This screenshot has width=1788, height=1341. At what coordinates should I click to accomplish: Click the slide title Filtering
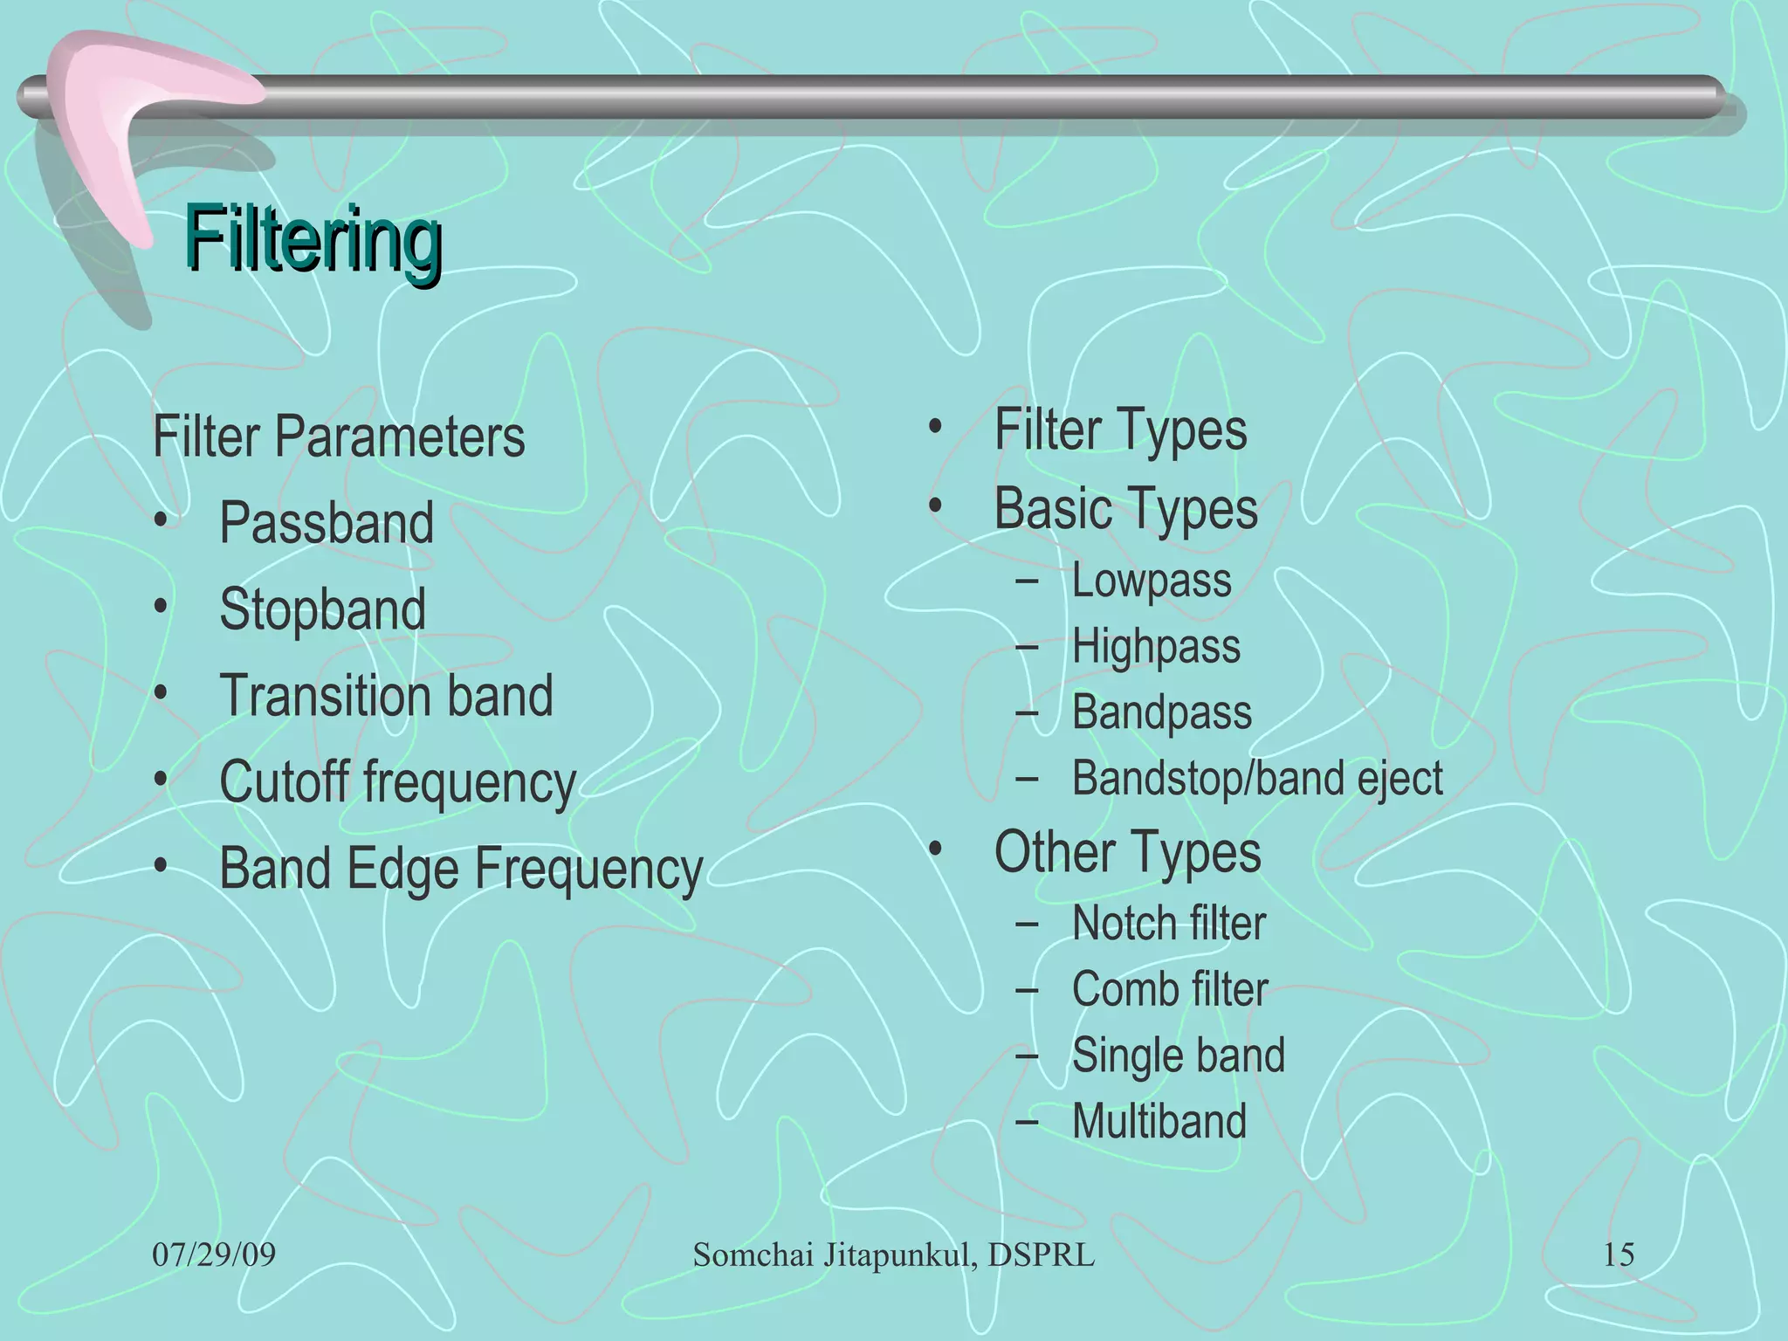(x=313, y=240)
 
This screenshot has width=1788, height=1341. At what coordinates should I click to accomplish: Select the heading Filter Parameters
(x=339, y=437)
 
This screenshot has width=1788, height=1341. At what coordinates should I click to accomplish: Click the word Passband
(x=327, y=523)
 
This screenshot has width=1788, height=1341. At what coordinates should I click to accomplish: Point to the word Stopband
(x=322, y=609)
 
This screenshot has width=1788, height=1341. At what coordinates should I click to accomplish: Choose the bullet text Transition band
(x=386, y=695)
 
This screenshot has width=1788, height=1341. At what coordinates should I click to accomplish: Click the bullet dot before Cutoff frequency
(x=160, y=780)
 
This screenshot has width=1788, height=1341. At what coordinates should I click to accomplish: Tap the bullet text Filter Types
(x=1120, y=430)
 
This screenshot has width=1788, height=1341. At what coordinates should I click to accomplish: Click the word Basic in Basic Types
(x=1050, y=509)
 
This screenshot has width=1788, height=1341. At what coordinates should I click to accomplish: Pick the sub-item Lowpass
(x=1151, y=581)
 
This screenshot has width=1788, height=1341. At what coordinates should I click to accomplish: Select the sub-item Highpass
(x=1155, y=647)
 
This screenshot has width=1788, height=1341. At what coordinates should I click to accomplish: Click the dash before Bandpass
(x=1027, y=712)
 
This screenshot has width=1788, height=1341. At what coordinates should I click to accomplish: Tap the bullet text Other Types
(x=1127, y=852)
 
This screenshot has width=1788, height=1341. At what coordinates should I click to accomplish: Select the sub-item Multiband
(x=1159, y=1121)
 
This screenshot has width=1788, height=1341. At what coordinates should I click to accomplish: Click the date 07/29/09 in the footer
(x=214, y=1255)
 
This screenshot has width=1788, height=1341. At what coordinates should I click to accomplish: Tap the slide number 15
(x=1619, y=1255)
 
